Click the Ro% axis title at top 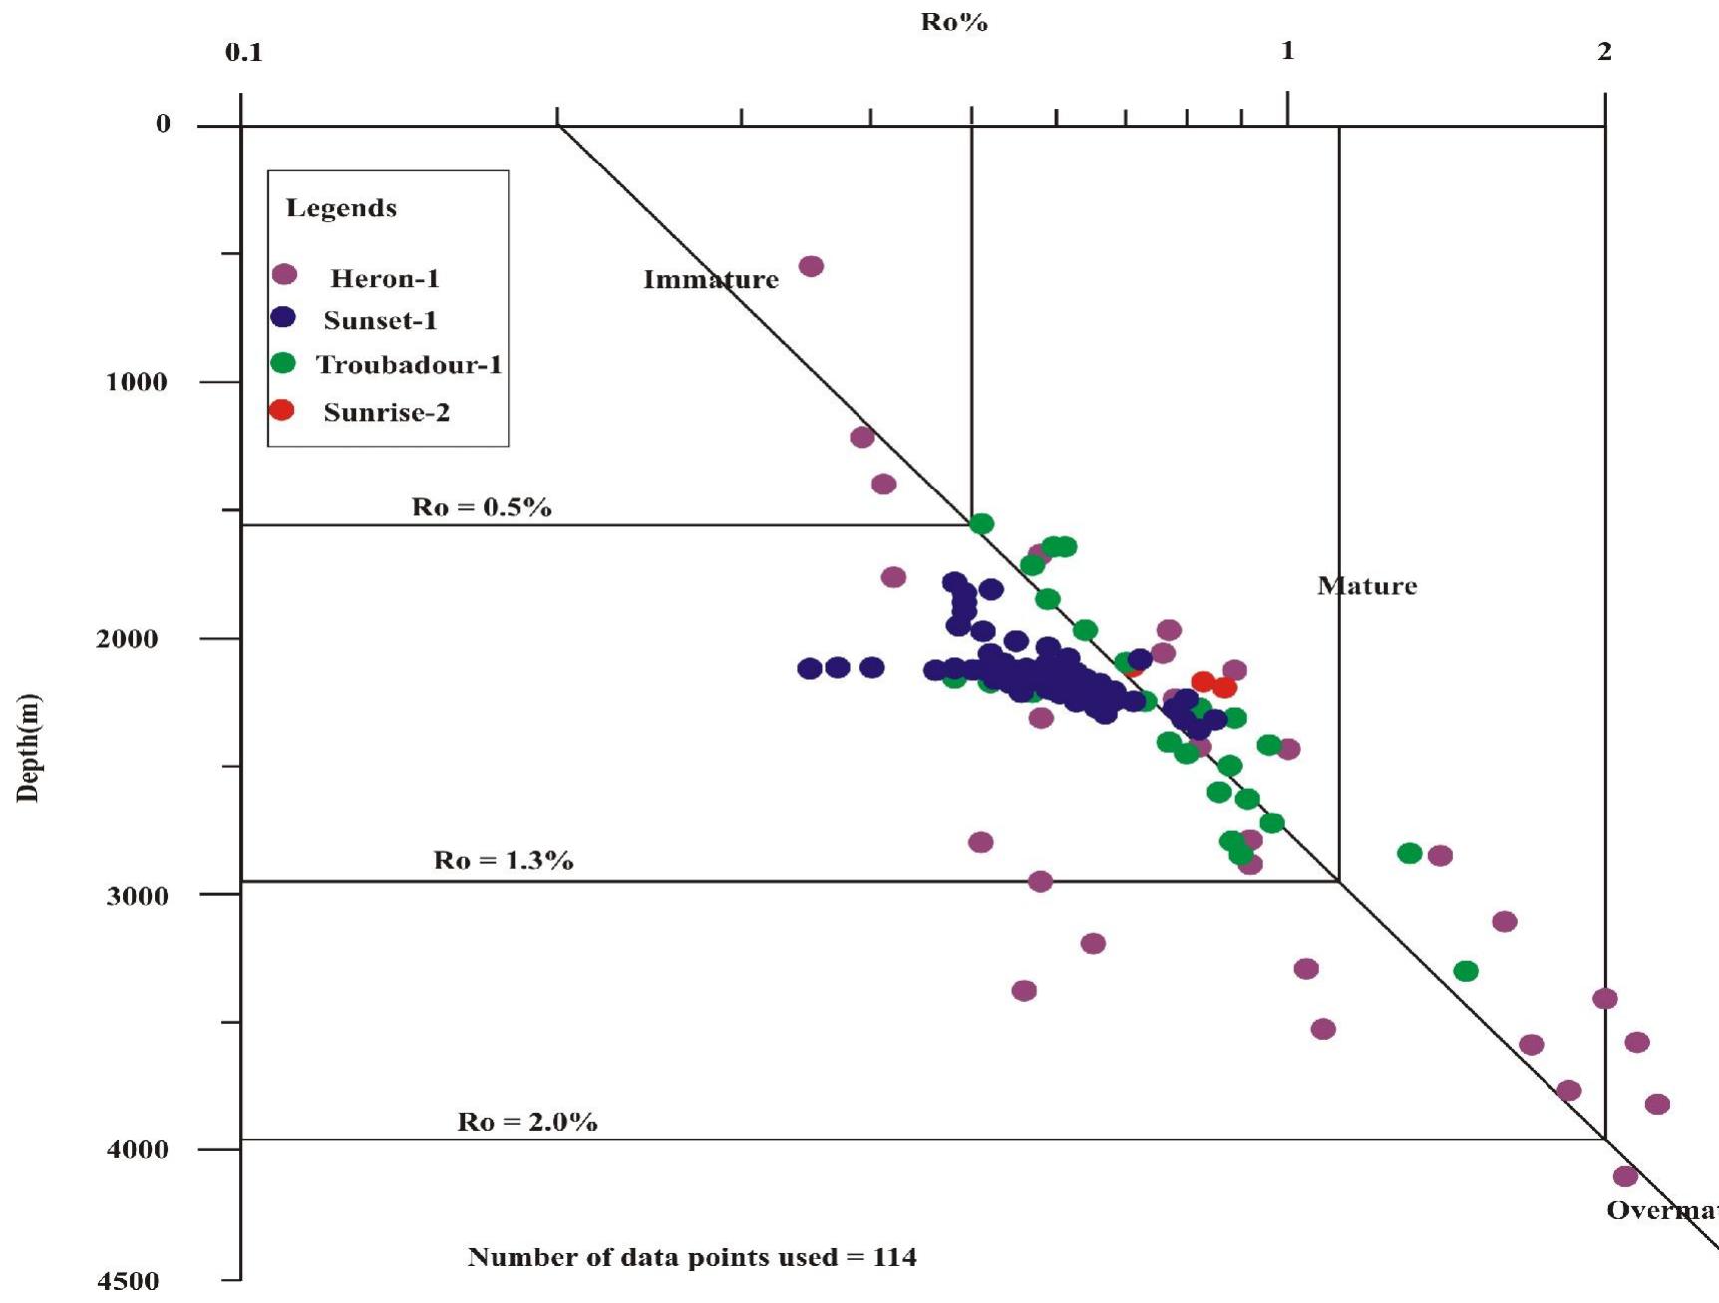[954, 22]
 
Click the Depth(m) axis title [28, 748]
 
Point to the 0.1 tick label [244, 53]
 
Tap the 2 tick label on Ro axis [1604, 52]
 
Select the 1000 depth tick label [137, 382]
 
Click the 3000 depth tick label [137, 895]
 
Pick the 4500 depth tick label [127, 1281]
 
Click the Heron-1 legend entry [384, 278]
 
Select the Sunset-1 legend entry [380, 320]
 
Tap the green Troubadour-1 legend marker [284, 363]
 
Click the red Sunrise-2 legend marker [282, 410]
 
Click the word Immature [710, 280]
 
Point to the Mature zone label [1367, 586]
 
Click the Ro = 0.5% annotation [482, 507]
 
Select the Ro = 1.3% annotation [504, 860]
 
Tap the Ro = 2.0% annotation [527, 1122]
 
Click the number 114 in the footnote [894, 1257]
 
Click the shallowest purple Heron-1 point [811, 266]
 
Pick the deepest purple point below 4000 [1625, 1176]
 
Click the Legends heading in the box [341, 208]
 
